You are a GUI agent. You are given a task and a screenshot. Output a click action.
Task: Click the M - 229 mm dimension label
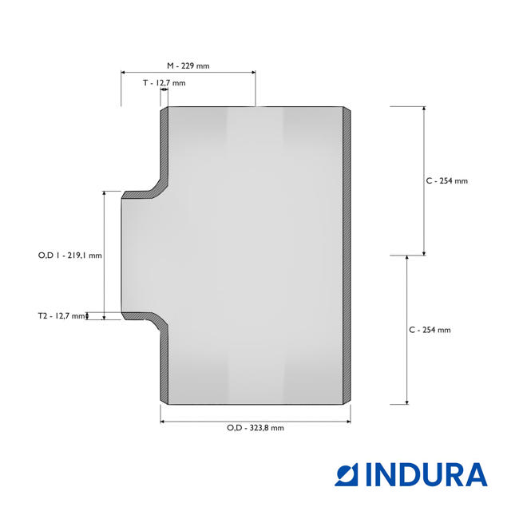tap(188, 65)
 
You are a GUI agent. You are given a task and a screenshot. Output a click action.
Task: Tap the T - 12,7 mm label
tap(164, 83)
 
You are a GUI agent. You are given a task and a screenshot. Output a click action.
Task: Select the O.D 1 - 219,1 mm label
tap(69, 255)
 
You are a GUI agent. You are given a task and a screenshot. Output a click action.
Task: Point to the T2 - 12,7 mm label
tap(61, 316)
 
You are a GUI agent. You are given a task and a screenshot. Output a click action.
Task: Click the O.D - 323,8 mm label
tap(255, 428)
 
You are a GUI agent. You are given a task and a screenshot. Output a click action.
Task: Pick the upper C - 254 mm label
tap(446, 181)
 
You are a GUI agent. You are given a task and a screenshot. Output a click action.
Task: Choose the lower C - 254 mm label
tap(430, 330)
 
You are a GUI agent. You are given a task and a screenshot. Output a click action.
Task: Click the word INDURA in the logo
tap(426, 474)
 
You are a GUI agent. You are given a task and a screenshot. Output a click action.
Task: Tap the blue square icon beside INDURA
tap(346, 474)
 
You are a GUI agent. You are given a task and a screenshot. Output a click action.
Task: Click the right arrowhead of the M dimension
tap(254, 73)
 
